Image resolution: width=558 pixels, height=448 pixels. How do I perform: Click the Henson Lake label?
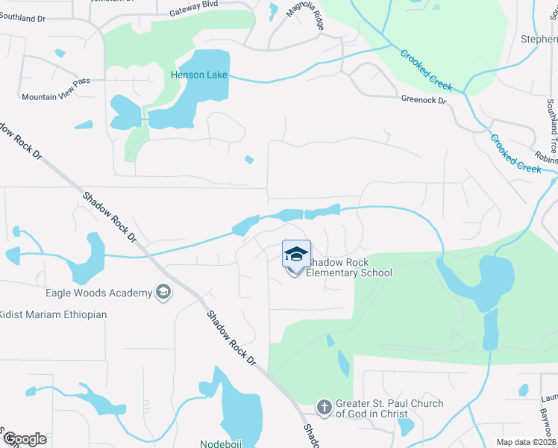pyautogui.click(x=198, y=75)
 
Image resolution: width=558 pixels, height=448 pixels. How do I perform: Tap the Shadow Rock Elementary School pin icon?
pyautogui.click(x=296, y=256)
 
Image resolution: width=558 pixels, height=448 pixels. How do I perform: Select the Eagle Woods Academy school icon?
pyautogui.click(x=163, y=293)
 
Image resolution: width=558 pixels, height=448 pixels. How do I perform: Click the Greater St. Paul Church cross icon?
pyautogui.click(x=324, y=408)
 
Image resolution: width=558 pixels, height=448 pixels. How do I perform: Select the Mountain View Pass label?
pyautogui.click(x=55, y=98)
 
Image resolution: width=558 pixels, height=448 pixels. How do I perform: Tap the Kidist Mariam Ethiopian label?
pyautogui.click(x=53, y=314)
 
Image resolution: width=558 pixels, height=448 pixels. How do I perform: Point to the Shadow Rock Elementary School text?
pyautogui.click(x=350, y=268)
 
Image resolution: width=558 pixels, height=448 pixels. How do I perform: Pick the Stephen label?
pyautogui.click(x=539, y=40)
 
